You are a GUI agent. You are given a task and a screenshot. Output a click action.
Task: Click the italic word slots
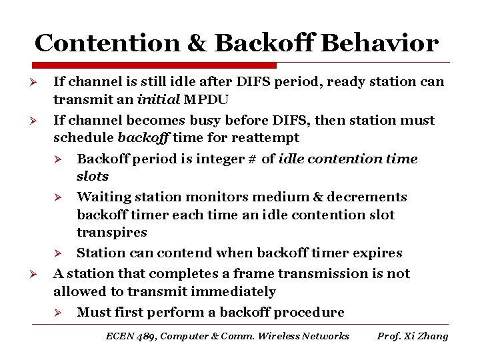(93, 177)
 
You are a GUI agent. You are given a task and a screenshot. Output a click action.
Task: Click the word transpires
(112, 233)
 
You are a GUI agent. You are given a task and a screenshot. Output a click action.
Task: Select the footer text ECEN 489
(130, 336)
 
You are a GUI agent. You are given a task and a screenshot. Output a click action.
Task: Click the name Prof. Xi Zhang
(413, 336)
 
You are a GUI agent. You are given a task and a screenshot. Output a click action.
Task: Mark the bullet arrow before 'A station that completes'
(39, 275)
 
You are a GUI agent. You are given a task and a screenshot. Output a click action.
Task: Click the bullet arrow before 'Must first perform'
(58, 313)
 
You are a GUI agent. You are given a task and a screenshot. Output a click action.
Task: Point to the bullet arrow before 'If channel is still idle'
(39, 83)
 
